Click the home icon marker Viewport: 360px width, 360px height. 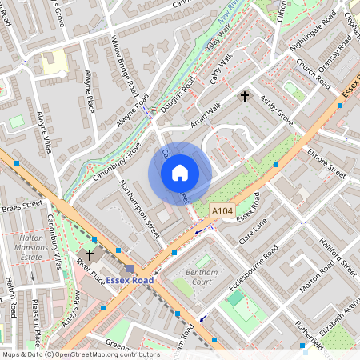pos(180,172)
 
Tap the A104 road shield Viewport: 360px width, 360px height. pos(222,210)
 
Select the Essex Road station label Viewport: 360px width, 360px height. pos(134,281)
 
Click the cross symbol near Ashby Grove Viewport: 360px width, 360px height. pos(246,97)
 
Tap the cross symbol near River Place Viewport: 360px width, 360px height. pos(89,256)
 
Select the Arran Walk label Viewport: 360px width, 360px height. pos(205,112)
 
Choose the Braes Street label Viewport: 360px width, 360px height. pos(21,206)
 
